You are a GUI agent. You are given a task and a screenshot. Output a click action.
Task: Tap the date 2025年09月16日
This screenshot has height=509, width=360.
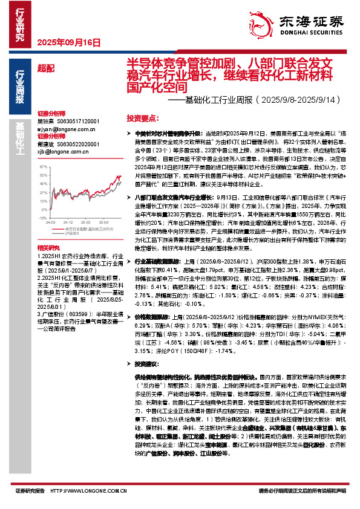tap(68, 42)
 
